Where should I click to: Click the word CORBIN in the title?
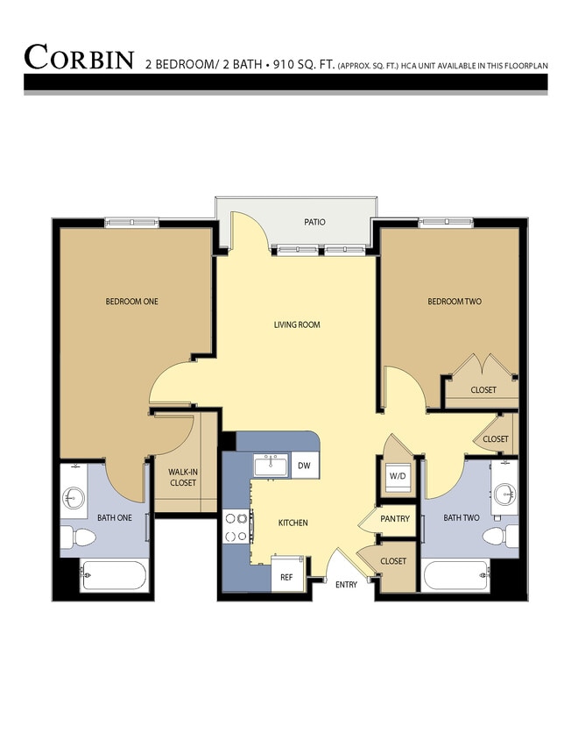79,57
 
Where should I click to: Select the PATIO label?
314,222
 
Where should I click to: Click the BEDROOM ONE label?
131,302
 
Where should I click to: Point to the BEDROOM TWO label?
454,302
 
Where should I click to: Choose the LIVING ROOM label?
297,324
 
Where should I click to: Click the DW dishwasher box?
304,466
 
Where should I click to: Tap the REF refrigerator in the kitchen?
286,578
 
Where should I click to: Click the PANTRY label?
395,519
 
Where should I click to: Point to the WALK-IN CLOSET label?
182,478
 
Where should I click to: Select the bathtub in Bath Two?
457,578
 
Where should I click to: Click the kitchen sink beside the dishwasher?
271,466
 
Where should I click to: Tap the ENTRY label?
346,585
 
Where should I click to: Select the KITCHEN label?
293,523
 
